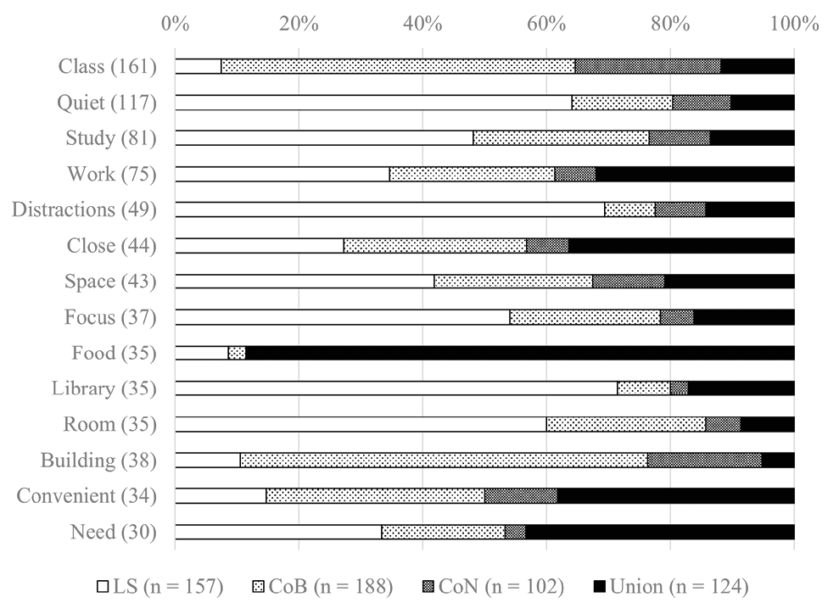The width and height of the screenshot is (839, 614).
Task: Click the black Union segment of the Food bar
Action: click(519, 353)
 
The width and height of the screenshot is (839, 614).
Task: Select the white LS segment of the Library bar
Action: click(395, 388)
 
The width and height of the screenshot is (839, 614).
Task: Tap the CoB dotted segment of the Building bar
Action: click(443, 460)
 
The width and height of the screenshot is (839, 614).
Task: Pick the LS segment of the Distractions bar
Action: click(389, 209)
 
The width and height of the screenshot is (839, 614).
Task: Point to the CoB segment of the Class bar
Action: click(397, 66)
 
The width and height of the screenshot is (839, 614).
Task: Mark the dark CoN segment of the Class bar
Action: click(647, 66)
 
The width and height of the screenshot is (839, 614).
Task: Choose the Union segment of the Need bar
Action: click(660, 532)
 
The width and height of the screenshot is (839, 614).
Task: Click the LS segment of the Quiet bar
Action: click(373, 102)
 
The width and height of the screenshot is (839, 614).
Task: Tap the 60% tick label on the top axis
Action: click(546, 24)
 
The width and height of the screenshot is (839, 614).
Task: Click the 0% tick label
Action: click(175, 24)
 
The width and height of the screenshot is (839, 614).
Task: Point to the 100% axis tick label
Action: click(794, 24)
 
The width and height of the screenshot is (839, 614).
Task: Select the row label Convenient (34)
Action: click(87, 495)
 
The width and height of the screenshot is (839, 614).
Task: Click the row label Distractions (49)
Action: click(84, 209)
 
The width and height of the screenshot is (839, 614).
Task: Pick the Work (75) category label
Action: click(112, 174)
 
